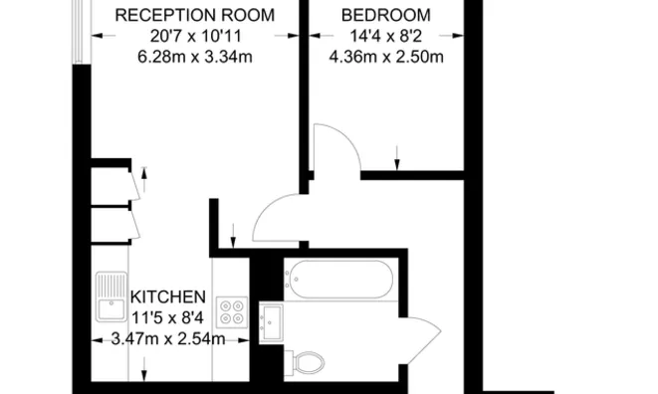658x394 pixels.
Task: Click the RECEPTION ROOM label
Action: click(x=195, y=15)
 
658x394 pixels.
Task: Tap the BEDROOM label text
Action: click(x=385, y=15)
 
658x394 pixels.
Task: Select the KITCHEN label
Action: click(x=169, y=297)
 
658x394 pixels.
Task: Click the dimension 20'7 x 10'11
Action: click(x=195, y=36)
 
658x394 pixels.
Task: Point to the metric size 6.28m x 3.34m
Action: click(x=195, y=56)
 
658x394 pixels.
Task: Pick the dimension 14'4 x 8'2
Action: click(x=385, y=36)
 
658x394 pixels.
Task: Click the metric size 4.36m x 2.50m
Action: click(x=385, y=56)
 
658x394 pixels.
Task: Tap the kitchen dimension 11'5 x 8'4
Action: click(x=169, y=318)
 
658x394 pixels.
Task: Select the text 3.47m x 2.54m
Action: click(x=169, y=339)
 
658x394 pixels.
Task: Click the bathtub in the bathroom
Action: click(x=337, y=281)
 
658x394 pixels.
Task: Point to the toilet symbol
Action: click(x=305, y=362)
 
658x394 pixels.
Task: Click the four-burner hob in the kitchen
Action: click(x=233, y=313)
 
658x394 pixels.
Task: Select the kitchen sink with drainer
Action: click(x=110, y=296)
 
